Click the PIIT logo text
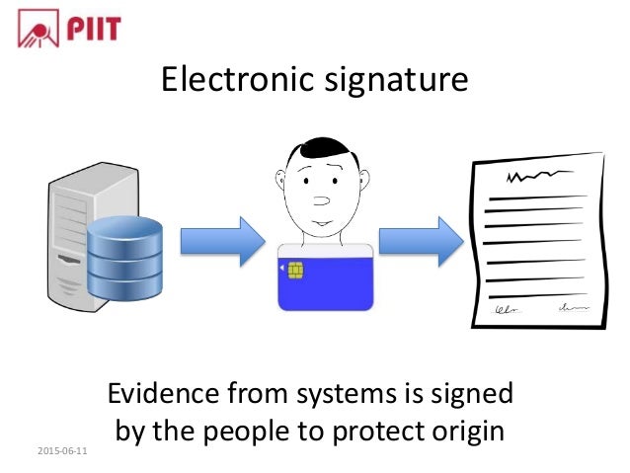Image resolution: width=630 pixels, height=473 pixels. pos(94,29)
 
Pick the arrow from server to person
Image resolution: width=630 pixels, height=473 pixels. pos(222,241)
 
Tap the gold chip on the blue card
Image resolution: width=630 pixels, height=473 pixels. pos(295,269)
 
